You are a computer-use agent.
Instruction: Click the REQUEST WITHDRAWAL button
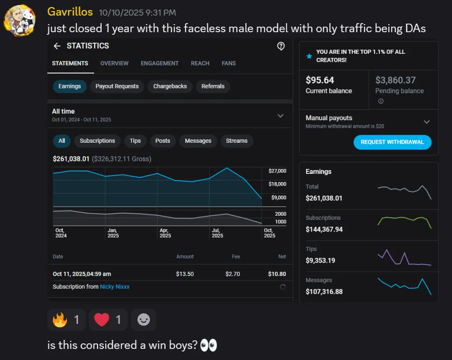tap(392, 142)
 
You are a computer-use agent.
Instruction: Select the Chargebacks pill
tap(170, 86)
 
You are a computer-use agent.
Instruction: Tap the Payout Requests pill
tap(117, 86)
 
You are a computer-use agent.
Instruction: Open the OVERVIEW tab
tap(114, 63)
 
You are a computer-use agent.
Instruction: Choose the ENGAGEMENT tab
tap(160, 63)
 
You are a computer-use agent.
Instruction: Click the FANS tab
tap(229, 63)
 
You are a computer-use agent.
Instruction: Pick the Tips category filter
tap(135, 141)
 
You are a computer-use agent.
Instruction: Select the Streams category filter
tap(237, 141)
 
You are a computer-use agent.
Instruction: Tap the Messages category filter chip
tap(198, 141)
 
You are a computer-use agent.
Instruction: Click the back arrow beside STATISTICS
tap(57, 46)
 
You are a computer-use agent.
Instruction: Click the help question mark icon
tap(281, 46)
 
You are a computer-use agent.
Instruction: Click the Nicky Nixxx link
tap(115, 287)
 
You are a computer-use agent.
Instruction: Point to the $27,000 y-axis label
tap(278, 171)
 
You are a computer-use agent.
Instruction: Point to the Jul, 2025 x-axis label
tap(217, 233)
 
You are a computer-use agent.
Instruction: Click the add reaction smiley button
tap(143, 320)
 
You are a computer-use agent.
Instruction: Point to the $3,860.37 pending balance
tap(395, 80)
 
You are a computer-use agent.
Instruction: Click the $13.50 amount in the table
tap(185, 274)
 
